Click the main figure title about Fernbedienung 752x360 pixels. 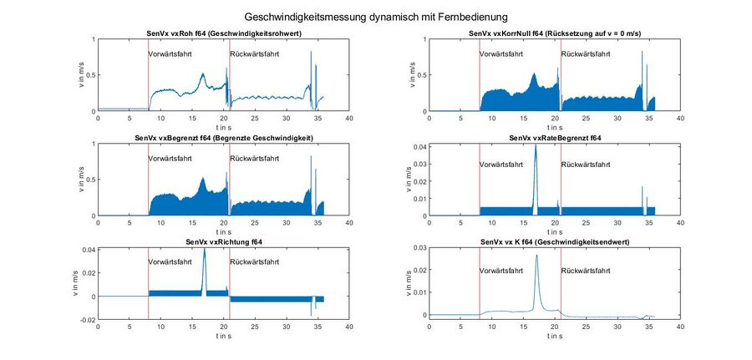pos(375,16)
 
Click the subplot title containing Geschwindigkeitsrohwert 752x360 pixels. pos(223,33)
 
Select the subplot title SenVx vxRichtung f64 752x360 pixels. pos(223,242)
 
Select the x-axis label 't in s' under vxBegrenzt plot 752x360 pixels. pos(223,231)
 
